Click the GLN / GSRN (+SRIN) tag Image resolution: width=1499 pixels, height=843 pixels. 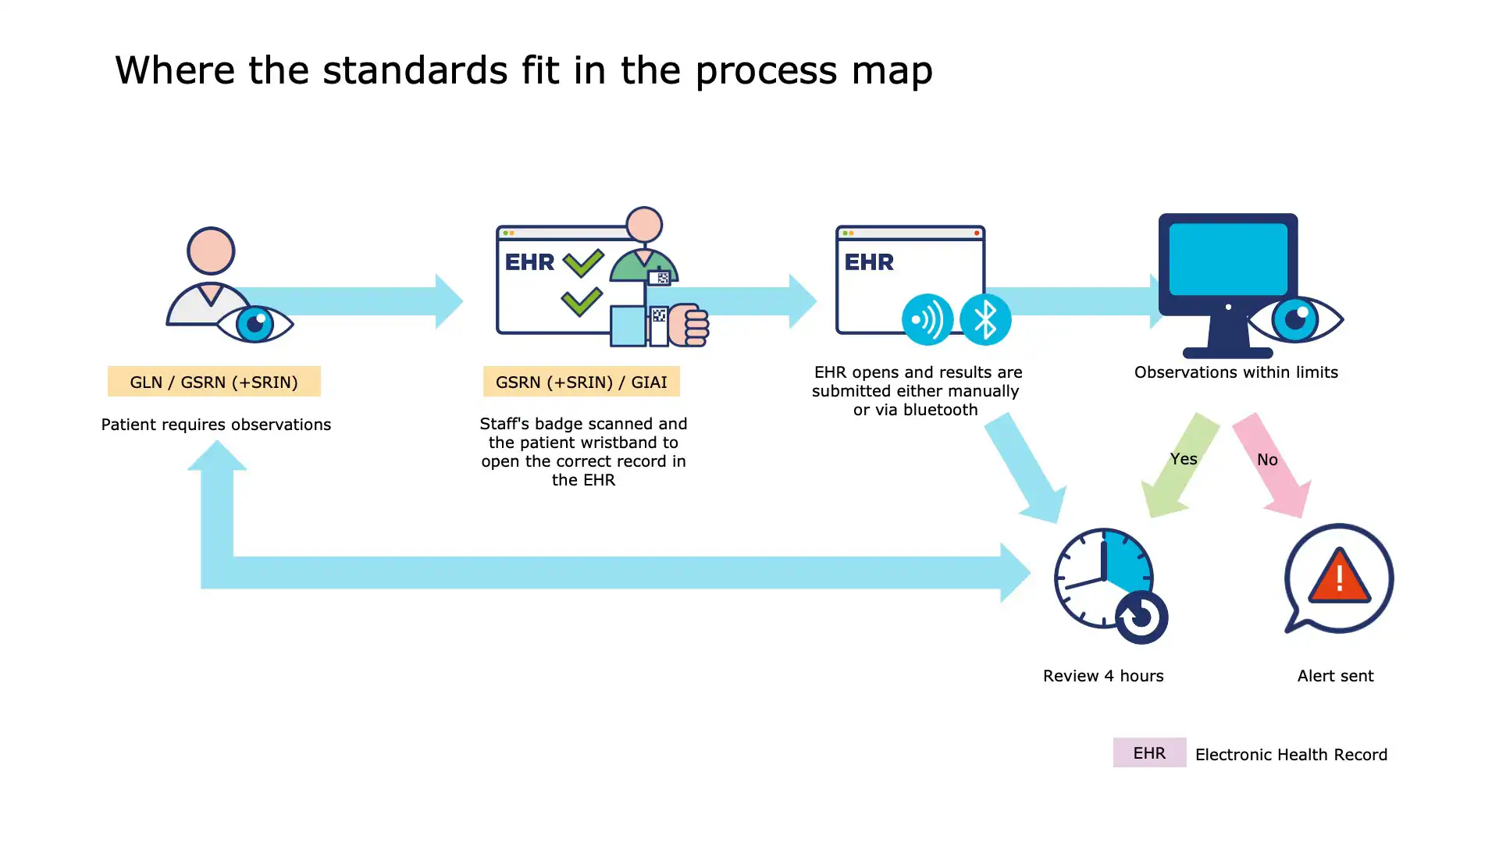(x=213, y=382)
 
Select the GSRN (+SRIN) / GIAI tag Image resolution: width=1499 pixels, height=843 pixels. (x=581, y=382)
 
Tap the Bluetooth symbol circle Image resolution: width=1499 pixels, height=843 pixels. (x=985, y=319)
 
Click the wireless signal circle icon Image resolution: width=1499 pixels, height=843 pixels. (x=927, y=319)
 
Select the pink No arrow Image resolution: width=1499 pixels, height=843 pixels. (x=1272, y=466)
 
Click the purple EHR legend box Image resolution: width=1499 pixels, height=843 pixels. (x=1148, y=752)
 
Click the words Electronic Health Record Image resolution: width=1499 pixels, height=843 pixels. (x=1291, y=755)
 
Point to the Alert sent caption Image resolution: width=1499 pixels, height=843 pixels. (x=1335, y=676)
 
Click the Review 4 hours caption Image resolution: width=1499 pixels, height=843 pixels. (x=1102, y=676)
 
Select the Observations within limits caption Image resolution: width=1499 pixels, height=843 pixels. (x=1235, y=372)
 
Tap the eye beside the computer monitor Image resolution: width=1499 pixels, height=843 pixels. (x=1295, y=318)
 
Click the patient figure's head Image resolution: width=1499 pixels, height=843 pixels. (x=211, y=251)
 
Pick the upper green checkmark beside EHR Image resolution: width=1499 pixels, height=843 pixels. (x=582, y=262)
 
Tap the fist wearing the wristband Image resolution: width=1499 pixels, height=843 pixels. (x=689, y=325)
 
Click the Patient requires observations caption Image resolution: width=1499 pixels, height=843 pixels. (x=215, y=425)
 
